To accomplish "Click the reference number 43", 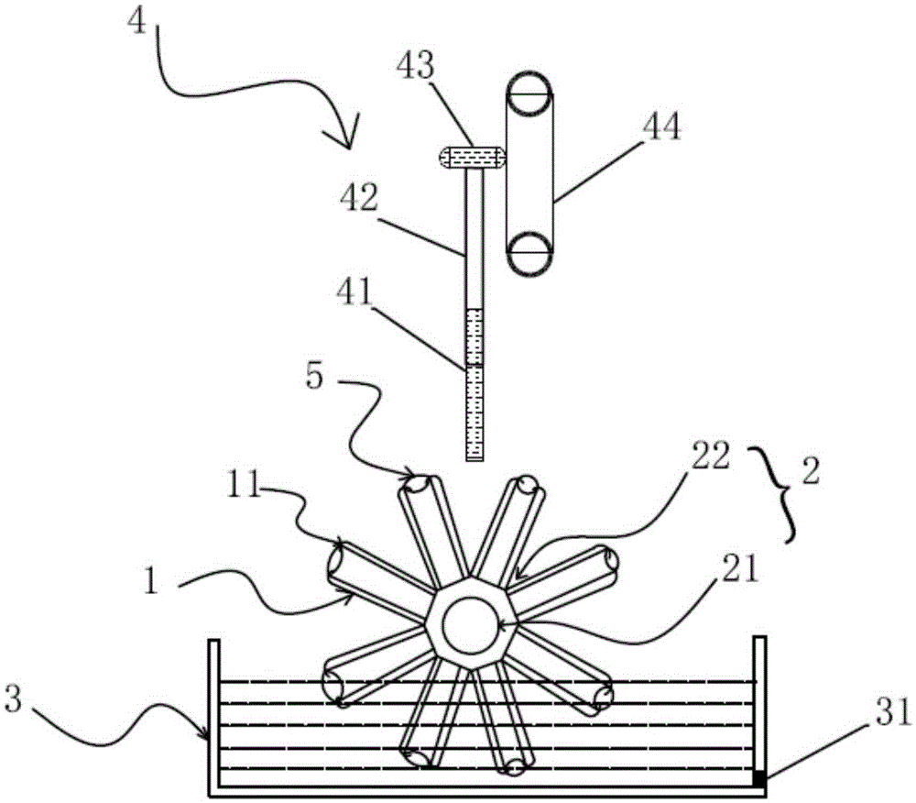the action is point(415,65).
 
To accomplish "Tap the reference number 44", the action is point(661,126).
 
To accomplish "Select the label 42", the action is point(359,197).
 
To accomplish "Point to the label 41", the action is point(354,291).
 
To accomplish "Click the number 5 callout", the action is point(314,377).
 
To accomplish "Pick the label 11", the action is point(244,485).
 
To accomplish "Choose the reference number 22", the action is point(711,456).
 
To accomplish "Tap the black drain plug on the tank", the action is point(758,778).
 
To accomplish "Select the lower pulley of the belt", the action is point(529,253).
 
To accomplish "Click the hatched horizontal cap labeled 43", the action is point(471,159).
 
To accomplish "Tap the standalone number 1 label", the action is point(152,581).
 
